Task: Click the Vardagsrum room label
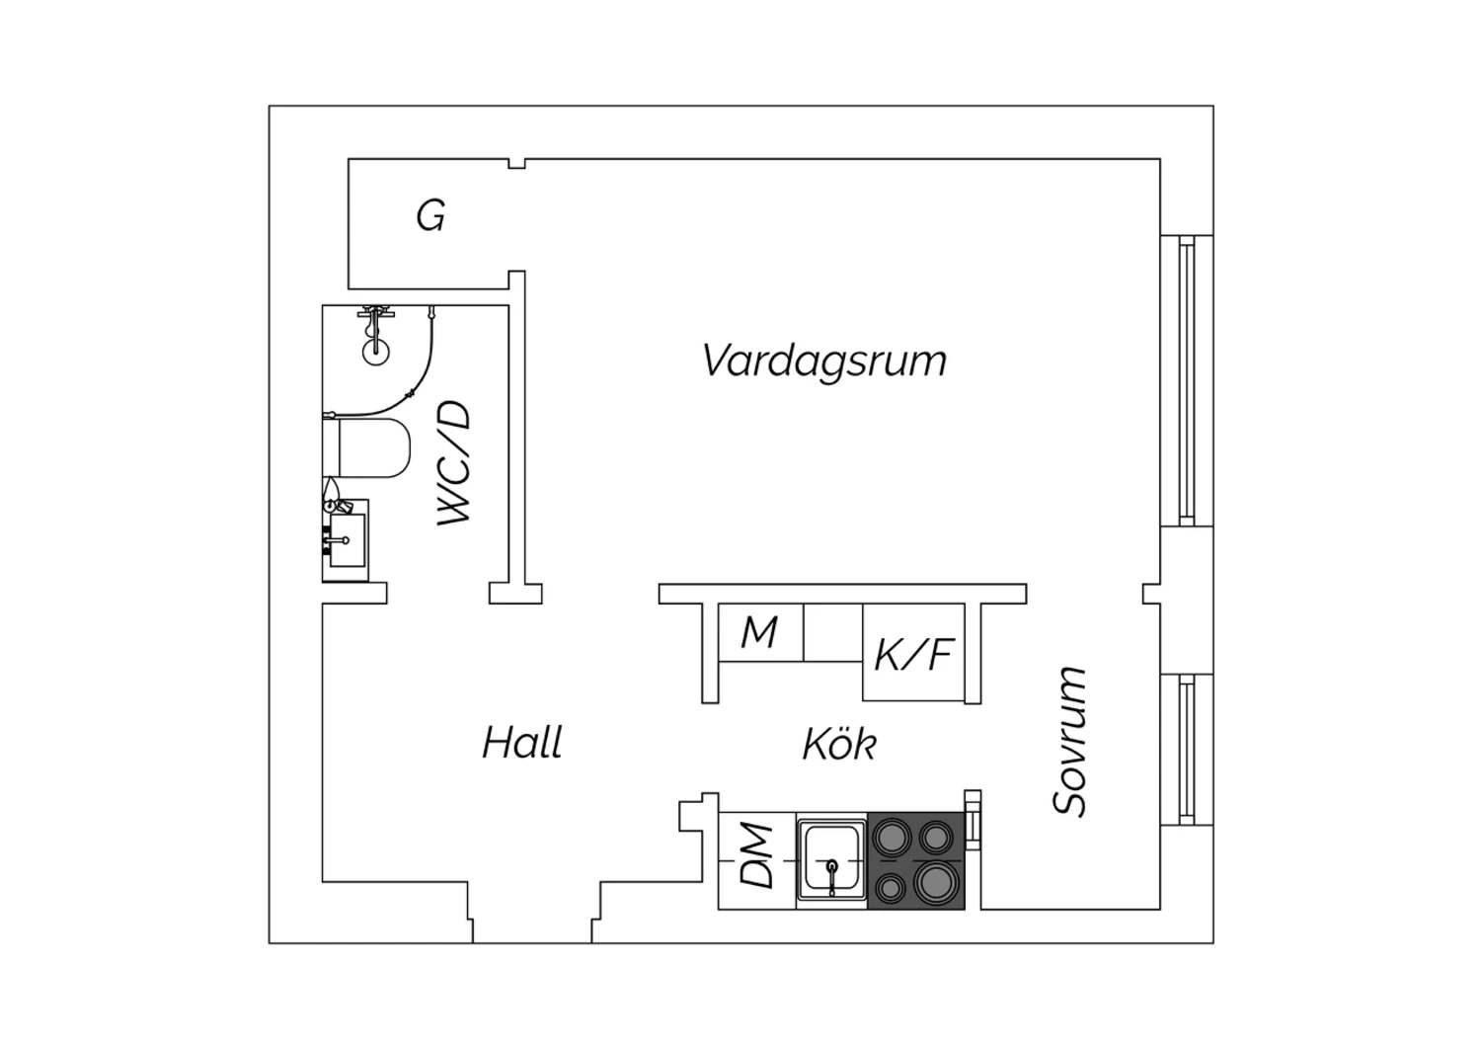point(823,362)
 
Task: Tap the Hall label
point(522,742)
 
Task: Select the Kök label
point(839,743)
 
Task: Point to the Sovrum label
point(1069,742)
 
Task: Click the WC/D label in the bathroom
point(454,463)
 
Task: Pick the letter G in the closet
point(430,215)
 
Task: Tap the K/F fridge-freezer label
point(913,655)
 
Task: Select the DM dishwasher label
point(756,854)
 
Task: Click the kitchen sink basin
point(831,859)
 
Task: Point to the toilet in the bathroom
point(366,447)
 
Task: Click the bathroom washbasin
point(346,540)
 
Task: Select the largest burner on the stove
point(936,881)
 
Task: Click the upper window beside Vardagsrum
point(1187,381)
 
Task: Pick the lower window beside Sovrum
point(1187,750)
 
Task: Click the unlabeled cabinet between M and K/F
point(833,632)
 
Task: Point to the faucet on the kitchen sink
point(831,873)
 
